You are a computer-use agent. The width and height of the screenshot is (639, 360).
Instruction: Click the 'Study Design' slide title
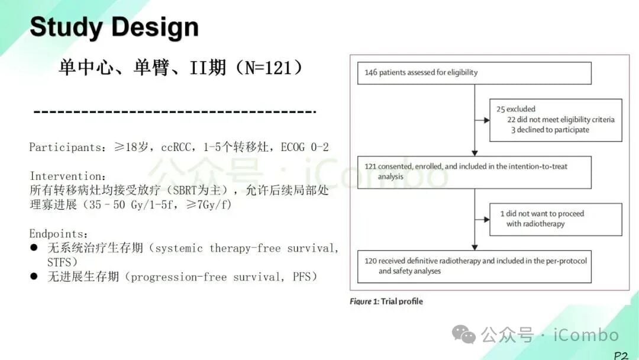point(114,27)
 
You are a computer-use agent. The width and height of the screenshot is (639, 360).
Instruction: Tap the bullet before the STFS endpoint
point(34,248)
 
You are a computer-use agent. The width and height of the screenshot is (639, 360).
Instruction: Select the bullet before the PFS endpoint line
point(34,277)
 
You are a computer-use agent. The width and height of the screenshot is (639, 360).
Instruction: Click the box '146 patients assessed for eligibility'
point(475,73)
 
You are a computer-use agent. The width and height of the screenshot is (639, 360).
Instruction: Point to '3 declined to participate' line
point(550,130)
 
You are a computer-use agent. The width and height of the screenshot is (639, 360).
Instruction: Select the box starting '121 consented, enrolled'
point(475,172)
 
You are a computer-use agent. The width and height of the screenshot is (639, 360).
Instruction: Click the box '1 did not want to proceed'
point(556,219)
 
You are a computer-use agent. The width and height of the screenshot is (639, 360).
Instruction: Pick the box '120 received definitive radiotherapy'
point(475,266)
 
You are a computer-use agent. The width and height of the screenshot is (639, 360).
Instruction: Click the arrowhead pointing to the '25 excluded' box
point(486,120)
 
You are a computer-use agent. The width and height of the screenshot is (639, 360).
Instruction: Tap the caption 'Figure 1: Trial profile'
point(386,301)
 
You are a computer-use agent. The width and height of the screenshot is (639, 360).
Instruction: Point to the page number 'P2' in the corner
point(620,355)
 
